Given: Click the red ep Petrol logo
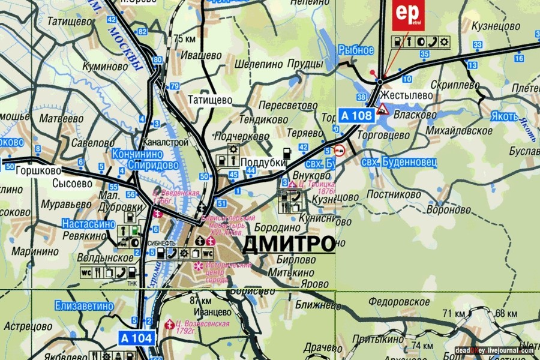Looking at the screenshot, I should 408,15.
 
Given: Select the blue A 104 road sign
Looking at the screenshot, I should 136,338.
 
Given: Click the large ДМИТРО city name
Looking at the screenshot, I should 288,244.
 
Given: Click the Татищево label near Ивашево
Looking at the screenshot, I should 210,100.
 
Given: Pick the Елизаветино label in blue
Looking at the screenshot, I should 84,305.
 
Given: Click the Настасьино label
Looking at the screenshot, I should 88,223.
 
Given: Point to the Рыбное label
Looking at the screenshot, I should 356,50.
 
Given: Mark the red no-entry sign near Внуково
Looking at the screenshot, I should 339,149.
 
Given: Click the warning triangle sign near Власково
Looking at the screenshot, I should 382,109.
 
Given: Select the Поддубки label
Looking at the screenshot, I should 262,163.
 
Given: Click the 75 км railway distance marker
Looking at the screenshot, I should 185,39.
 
